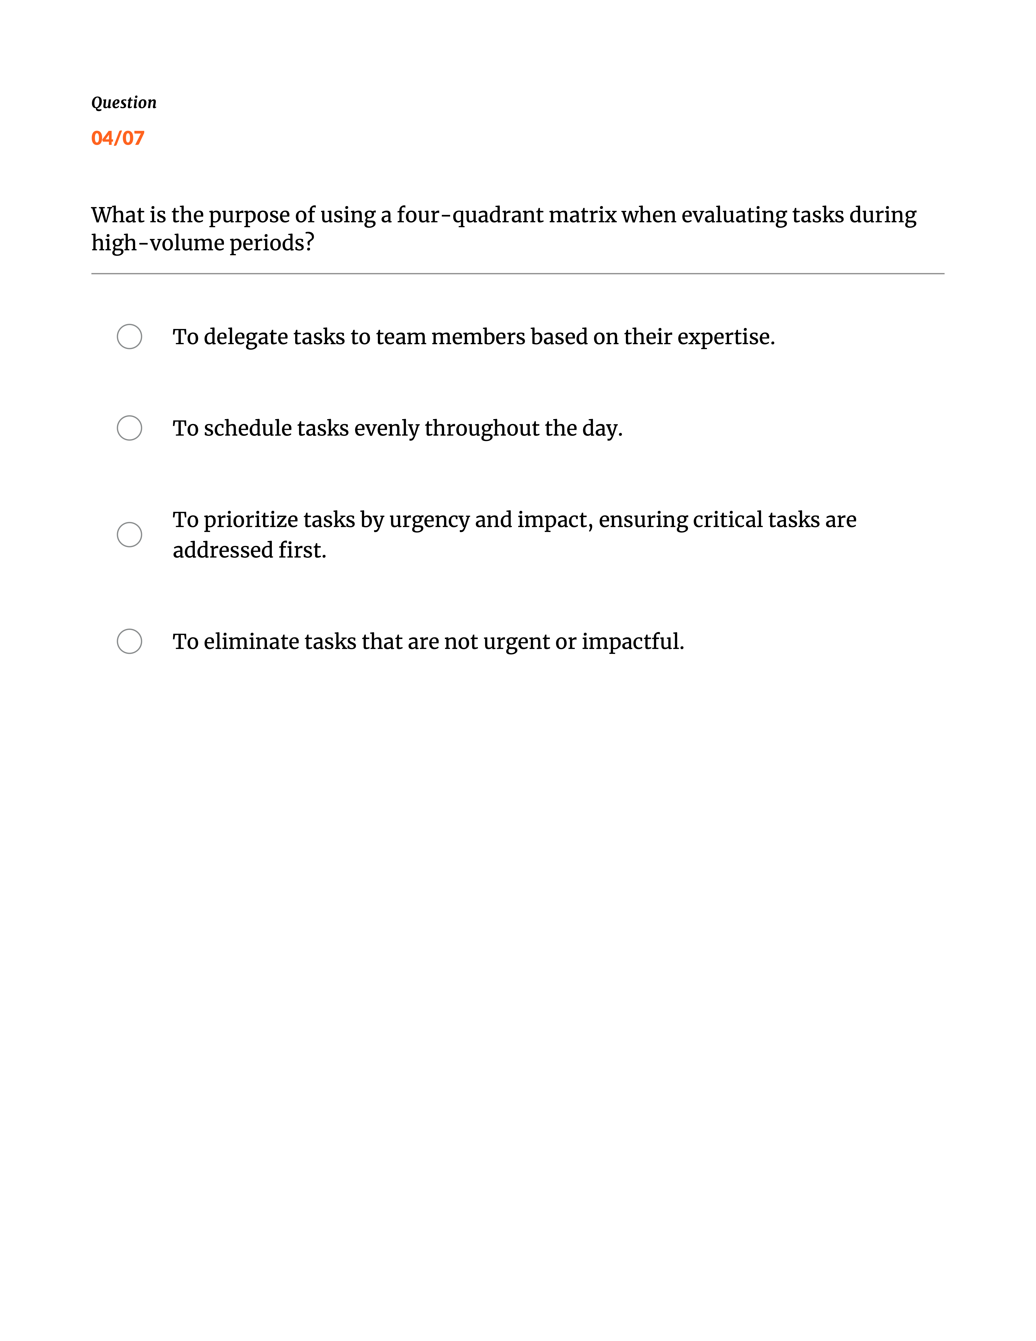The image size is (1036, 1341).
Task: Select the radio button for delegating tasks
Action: point(130,336)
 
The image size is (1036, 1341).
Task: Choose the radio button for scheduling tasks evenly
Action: point(130,428)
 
